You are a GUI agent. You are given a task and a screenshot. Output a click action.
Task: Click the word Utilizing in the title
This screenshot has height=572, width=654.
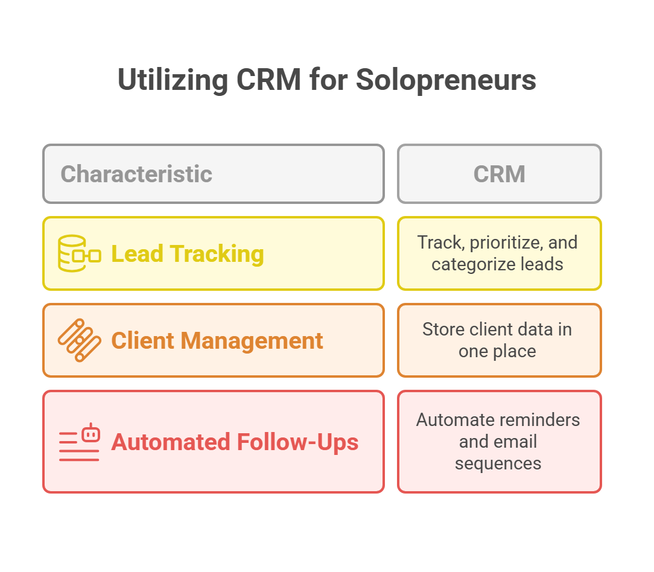coord(173,80)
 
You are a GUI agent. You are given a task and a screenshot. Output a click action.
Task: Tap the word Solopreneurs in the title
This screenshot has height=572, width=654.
coord(446,80)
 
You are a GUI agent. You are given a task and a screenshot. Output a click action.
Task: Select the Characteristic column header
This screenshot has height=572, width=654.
coord(136,174)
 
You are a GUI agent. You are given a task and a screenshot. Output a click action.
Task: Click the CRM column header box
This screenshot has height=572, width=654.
coord(500,174)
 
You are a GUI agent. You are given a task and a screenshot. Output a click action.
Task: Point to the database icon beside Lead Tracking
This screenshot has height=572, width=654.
coord(79,253)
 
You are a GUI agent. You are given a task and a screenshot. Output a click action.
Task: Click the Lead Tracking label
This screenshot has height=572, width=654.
coord(188,253)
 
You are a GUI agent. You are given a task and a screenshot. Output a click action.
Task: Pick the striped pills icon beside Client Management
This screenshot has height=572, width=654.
coord(79,340)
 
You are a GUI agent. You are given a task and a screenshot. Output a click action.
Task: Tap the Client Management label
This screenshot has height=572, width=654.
coord(217,340)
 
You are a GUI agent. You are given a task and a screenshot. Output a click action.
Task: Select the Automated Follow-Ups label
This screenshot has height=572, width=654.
coord(235,442)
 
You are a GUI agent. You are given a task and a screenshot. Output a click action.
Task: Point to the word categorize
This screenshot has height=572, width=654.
coord(468,264)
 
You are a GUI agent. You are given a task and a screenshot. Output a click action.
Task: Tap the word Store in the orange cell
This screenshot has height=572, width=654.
coord(443,329)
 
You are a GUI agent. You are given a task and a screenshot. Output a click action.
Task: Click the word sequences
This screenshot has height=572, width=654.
coord(498,463)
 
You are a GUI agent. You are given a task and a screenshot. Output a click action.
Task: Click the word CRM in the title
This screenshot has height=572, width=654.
coord(268,80)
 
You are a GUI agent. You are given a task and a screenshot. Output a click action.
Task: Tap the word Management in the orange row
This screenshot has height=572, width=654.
coord(252,341)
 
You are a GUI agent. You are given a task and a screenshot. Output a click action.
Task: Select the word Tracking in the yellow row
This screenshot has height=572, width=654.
coord(217,253)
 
